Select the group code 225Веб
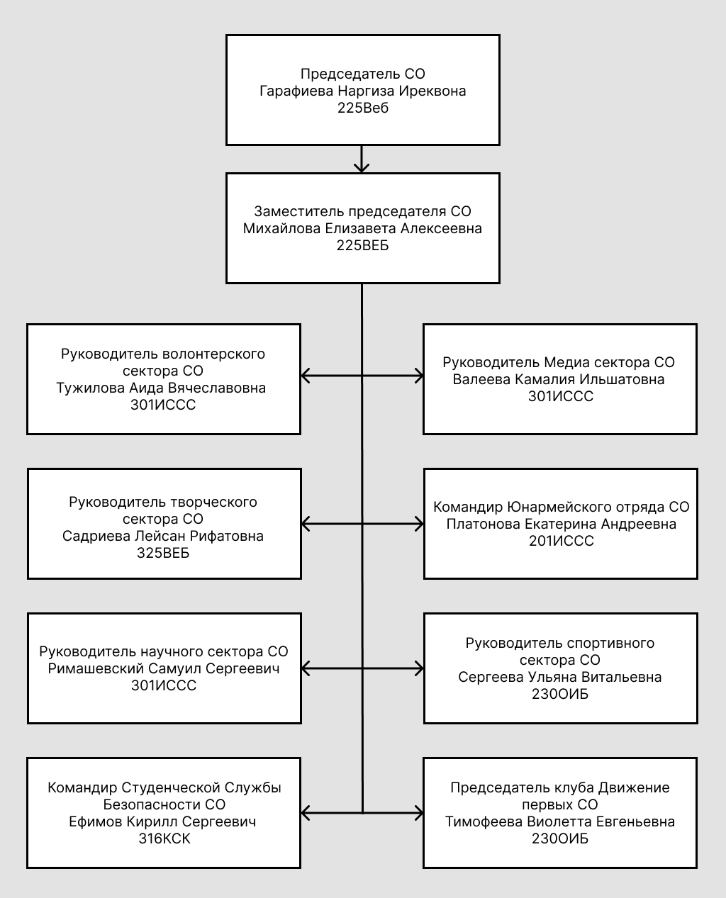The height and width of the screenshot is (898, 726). coord(363,108)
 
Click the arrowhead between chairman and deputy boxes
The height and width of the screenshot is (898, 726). coord(362,167)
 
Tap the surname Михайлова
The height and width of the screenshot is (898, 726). coord(281,229)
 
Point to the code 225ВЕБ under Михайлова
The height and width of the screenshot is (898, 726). coord(363,246)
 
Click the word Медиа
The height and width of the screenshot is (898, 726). coord(562,362)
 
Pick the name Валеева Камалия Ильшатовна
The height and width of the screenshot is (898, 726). coord(560,379)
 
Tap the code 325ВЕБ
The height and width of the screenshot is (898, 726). coord(163,553)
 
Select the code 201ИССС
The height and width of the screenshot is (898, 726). coord(561,541)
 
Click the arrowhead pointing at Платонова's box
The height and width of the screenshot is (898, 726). coord(419,524)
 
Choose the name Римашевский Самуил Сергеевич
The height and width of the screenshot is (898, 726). coord(164,668)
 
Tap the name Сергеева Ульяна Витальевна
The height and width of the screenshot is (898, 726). coord(560,677)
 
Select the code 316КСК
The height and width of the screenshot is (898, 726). coord(164,838)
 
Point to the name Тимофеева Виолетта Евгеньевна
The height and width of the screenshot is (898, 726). coord(560,821)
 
